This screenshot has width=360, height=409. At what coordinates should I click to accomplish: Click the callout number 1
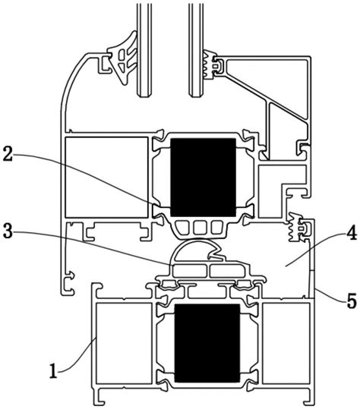click(53, 371)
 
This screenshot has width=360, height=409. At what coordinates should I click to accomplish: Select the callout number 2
click(8, 154)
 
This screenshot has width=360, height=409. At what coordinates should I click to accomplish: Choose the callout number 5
click(352, 300)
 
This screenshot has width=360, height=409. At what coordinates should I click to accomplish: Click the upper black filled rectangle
click(203, 177)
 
